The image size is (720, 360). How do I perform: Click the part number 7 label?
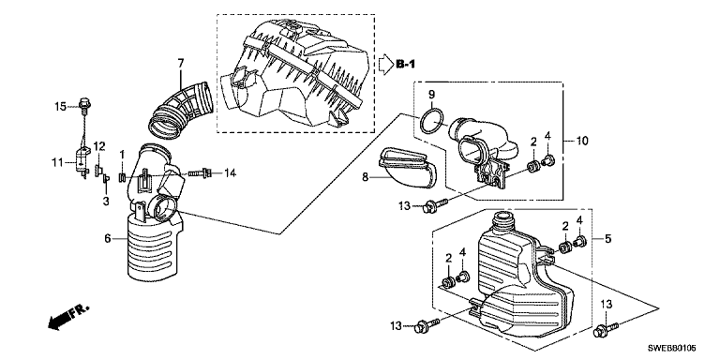(180, 63)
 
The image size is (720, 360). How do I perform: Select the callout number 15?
(61, 107)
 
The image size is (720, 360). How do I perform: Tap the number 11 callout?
(56, 161)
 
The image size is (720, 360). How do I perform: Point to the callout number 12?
(99, 146)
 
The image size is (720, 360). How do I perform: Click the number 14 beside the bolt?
(230, 172)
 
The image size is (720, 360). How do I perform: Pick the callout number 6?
(108, 239)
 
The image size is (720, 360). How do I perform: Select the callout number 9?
(431, 95)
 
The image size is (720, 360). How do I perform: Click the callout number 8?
(365, 177)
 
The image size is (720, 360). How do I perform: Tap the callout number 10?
(582, 141)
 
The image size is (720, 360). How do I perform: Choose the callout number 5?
(607, 239)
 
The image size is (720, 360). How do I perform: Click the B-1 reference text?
(405, 65)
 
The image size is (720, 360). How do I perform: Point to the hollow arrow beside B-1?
(385, 65)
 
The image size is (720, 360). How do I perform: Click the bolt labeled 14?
(200, 173)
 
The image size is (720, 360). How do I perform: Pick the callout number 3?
(106, 201)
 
